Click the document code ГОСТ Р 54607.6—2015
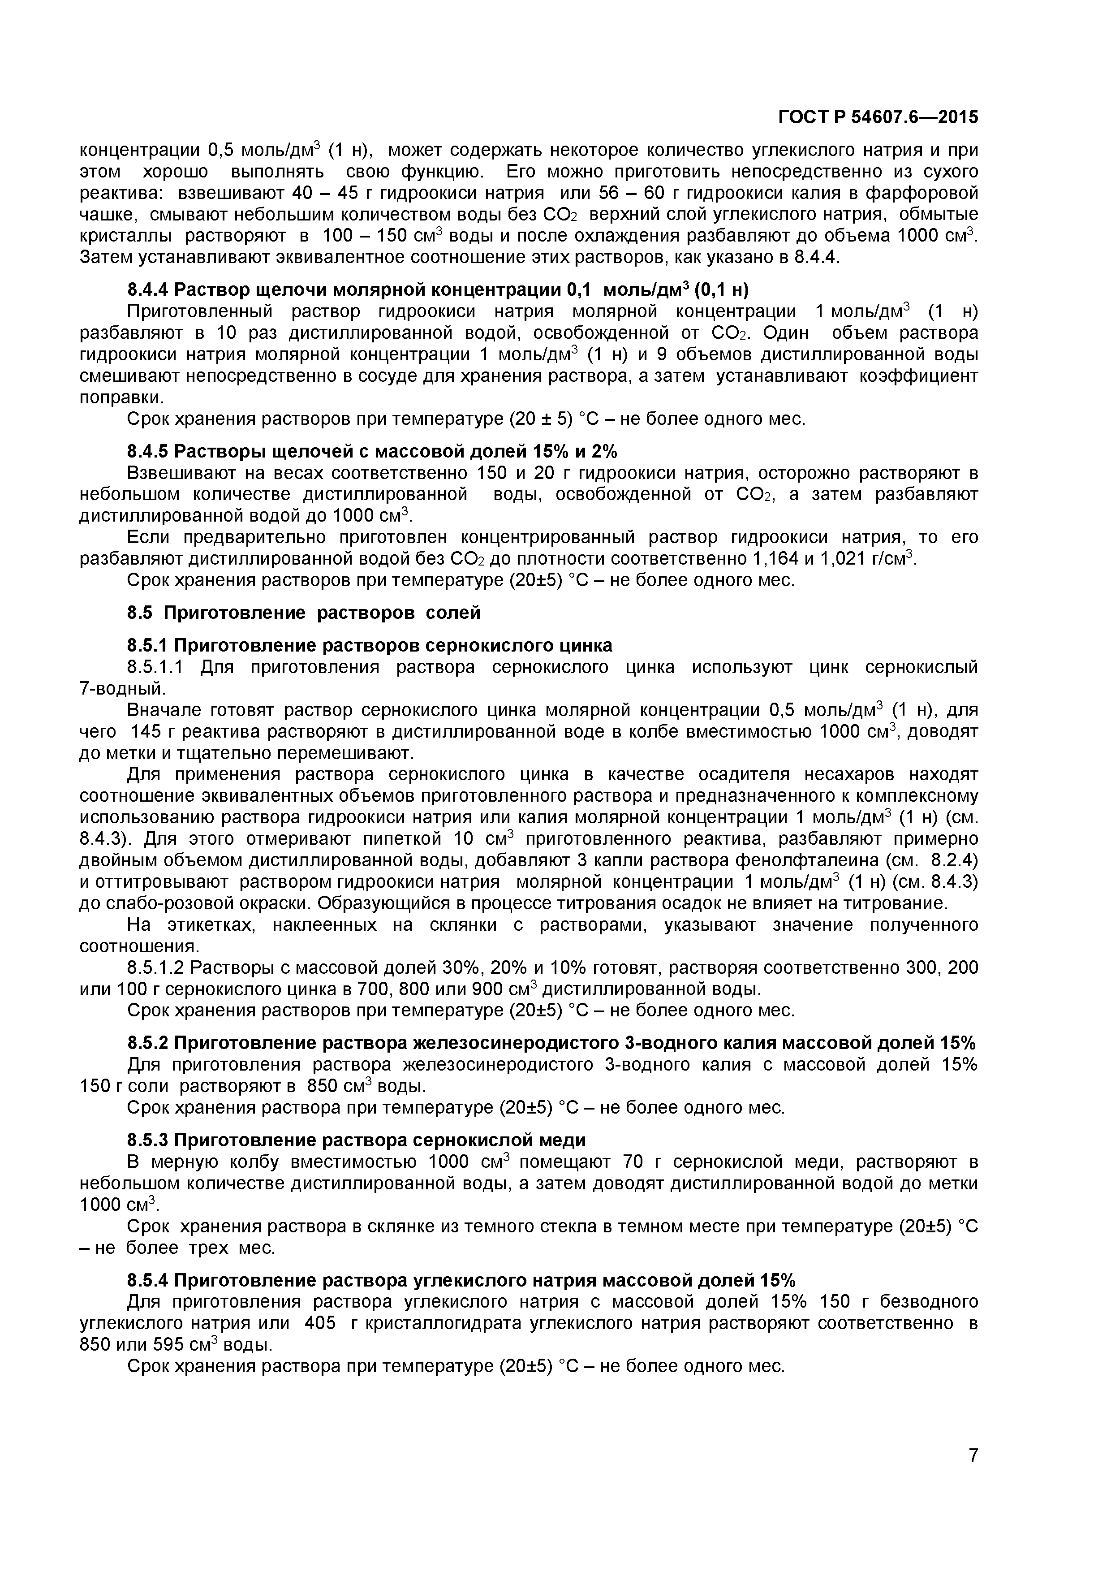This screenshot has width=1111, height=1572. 878,118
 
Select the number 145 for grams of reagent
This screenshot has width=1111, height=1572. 145,732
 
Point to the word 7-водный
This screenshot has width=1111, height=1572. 122,689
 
